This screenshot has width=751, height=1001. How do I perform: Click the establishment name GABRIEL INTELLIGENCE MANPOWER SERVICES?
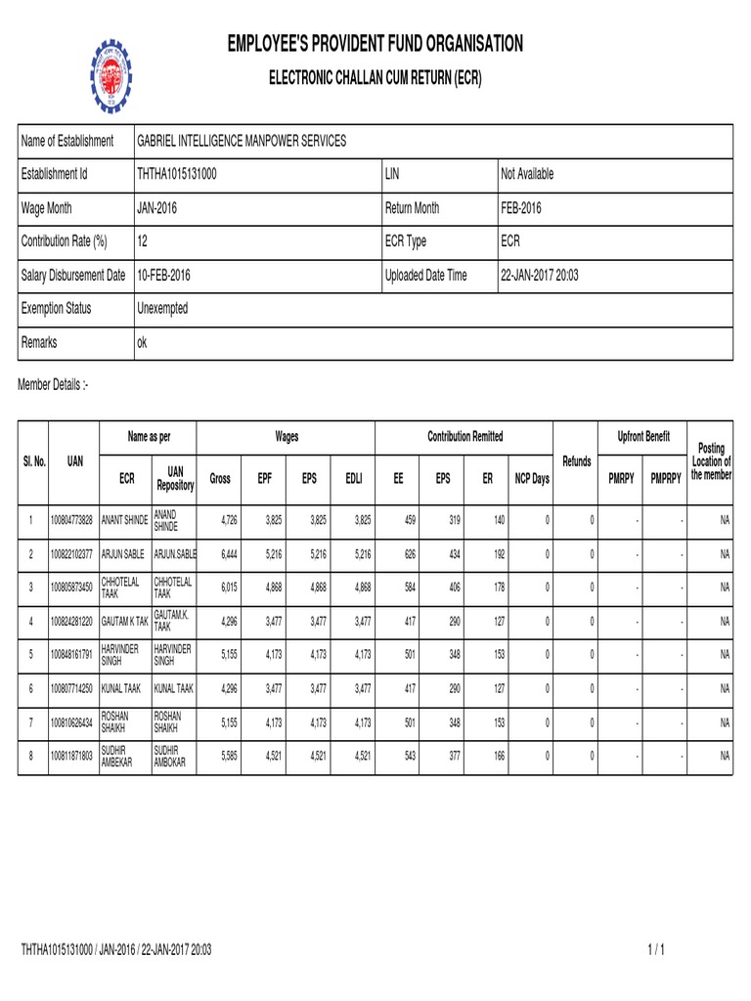pos(241,141)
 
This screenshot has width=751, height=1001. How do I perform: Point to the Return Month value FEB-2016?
pos(521,208)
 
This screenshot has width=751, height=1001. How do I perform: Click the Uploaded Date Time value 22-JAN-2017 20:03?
pos(539,276)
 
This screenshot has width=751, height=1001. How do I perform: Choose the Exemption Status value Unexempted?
pos(162,309)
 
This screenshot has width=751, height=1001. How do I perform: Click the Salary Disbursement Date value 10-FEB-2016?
pos(163,276)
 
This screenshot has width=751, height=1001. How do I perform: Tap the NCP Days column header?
pos(532,479)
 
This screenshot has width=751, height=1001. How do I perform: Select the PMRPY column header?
pos(621,479)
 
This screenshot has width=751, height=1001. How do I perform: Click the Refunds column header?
pos(577,460)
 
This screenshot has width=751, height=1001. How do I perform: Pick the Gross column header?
pos(220,479)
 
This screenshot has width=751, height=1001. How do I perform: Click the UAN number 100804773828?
pos(73,520)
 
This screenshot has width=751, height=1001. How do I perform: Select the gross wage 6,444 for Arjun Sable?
pos(227,554)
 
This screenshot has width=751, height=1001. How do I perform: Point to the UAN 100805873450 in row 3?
pos(73,588)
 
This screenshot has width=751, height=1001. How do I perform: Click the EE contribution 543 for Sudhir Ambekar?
pos(409,757)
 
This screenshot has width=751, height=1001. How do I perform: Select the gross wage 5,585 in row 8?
pos(227,757)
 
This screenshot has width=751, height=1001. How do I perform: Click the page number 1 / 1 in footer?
pos(655,949)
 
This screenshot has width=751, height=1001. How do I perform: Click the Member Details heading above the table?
pos(54,386)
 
